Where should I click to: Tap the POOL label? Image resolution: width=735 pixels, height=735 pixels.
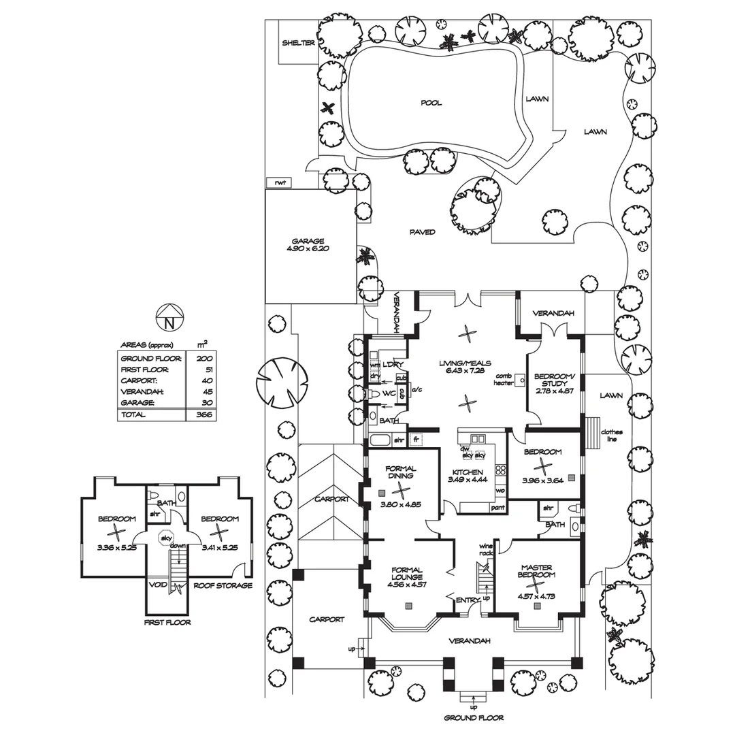click(431, 103)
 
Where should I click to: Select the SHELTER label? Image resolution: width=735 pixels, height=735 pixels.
click(299, 43)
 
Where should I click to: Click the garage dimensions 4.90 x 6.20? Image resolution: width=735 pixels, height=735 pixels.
click(308, 250)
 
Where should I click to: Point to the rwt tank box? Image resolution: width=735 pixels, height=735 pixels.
click(279, 183)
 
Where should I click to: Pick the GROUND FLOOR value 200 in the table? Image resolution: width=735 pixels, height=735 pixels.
click(203, 358)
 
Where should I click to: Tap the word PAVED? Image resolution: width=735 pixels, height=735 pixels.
click(422, 232)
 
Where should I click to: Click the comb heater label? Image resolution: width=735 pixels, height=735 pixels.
click(503, 379)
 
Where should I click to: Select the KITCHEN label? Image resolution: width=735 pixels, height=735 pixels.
click(468, 472)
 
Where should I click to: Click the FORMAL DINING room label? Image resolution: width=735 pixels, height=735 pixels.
click(401, 472)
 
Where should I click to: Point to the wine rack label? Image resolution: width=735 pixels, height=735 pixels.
click(486, 549)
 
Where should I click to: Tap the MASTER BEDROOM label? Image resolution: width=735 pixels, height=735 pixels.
click(537, 571)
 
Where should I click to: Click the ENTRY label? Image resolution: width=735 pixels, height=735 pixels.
click(468, 600)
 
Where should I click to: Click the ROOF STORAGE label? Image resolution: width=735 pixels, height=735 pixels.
click(223, 585)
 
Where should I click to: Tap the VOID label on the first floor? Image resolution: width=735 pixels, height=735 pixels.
click(158, 585)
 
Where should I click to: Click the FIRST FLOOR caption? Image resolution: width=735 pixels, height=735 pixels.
click(167, 622)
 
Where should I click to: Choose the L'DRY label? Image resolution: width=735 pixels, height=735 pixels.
click(393, 365)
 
